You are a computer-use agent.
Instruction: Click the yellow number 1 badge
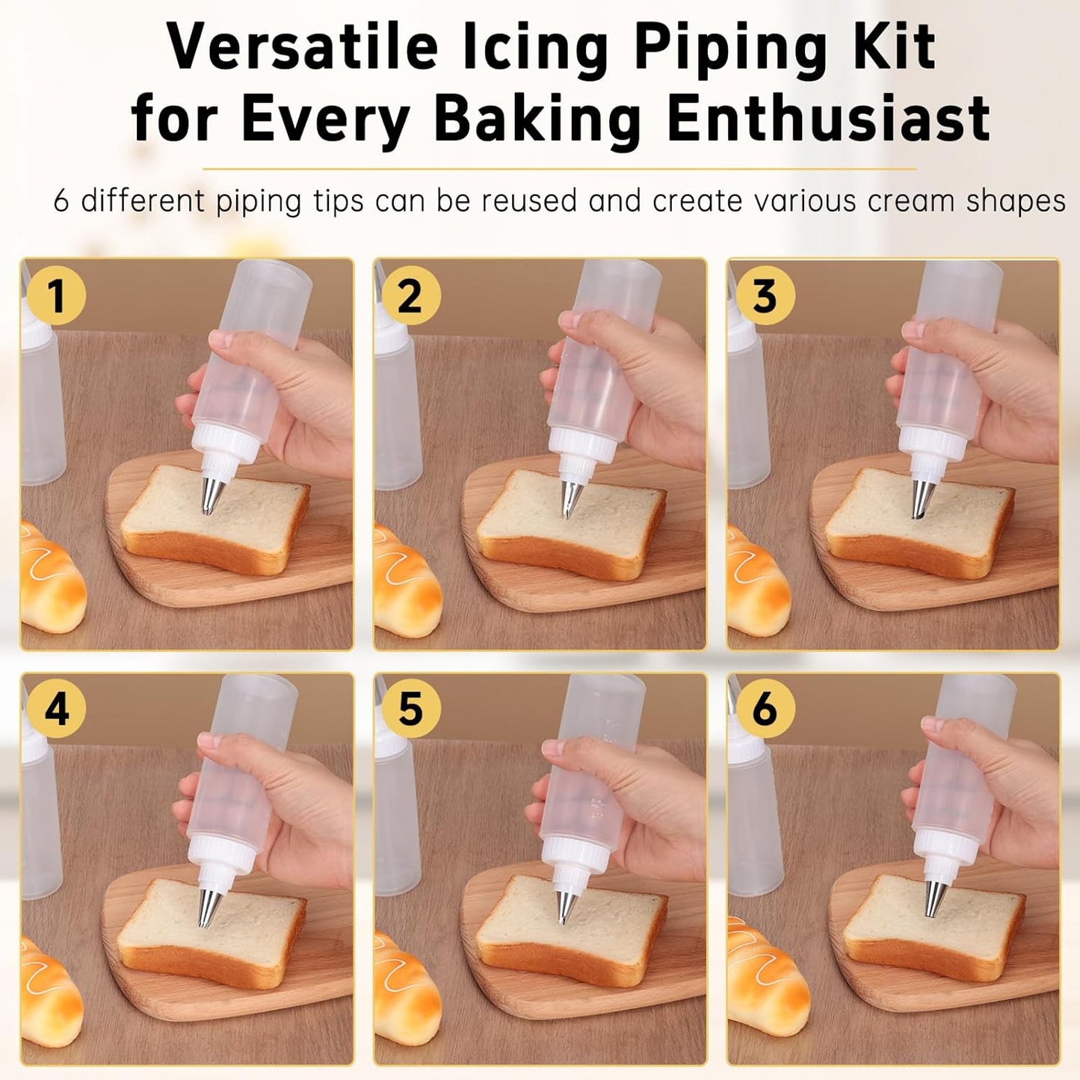coord(57,295)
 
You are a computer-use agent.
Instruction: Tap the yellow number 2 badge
coord(411,295)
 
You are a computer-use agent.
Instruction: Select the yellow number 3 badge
coord(765,295)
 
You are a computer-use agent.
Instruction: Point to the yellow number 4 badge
coord(57,709)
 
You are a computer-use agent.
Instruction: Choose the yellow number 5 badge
coord(411,709)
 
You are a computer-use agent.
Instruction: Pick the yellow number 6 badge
coord(765,709)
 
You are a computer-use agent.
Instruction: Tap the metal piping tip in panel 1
coord(213,495)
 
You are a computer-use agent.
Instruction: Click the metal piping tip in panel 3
coord(922,499)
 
